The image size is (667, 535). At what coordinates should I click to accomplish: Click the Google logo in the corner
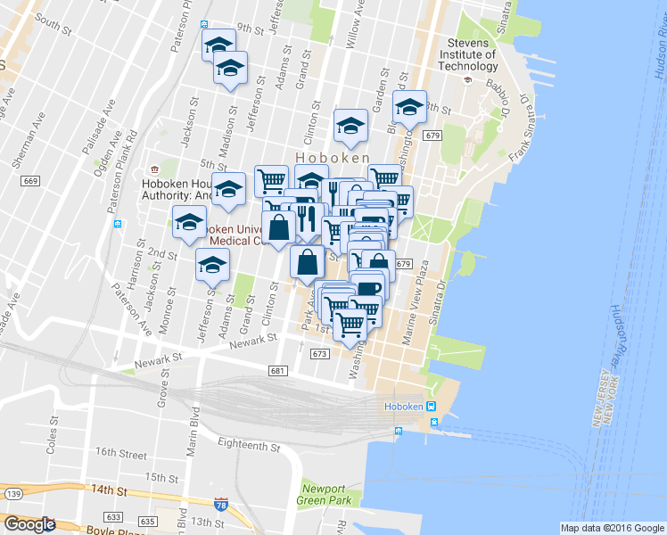tap(29, 524)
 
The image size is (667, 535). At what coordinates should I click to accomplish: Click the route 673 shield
tap(320, 354)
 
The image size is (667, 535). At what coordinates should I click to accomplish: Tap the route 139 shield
tap(12, 493)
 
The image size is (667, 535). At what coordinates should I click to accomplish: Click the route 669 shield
tap(30, 181)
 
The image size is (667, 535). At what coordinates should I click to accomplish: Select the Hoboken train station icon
tap(432, 407)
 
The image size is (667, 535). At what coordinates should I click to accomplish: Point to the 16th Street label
tap(120, 453)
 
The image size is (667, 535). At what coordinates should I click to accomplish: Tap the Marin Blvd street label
tap(191, 433)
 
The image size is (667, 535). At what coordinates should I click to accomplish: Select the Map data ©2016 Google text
tap(613, 528)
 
